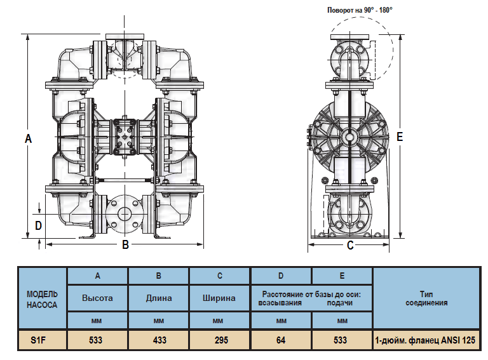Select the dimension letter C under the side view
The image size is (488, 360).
[x=349, y=246]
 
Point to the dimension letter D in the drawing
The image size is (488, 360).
[x=38, y=225]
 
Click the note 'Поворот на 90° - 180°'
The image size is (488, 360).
[x=360, y=10]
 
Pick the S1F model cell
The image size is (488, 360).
[x=42, y=340]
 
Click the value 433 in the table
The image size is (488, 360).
[x=159, y=340]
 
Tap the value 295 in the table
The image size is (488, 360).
[x=220, y=340]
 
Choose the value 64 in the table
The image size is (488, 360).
[x=281, y=340]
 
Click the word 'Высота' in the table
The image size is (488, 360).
[x=97, y=298]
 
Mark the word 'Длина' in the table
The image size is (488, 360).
[x=159, y=298]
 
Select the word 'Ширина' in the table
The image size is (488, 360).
[x=220, y=298]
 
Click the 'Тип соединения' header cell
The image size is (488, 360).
[x=426, y=298]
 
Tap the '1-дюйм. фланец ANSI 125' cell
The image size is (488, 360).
[x=426, y=340]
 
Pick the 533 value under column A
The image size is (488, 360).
[x=97, y=340]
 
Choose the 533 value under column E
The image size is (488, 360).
[x=342, y=340]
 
